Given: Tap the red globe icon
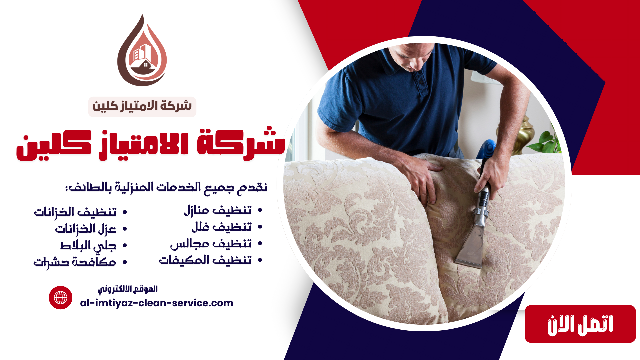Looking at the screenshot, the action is pyautogui.click(x=61, y=298).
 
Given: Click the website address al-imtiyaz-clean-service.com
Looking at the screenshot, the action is pyautogui.click(x=157, y=303).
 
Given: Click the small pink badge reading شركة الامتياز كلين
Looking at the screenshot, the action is pyautogui.click(x=142, y=107).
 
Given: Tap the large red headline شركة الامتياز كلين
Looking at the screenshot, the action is pyautogui.click(x=151, y=144).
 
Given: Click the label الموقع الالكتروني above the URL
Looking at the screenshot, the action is pyautogui.click(x=128, y=289).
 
